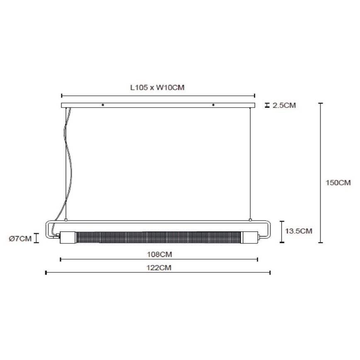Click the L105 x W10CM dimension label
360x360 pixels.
pos(157,88)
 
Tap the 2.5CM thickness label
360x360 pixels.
pos(284,105)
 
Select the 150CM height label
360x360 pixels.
pos(338,182)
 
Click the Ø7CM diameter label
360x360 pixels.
pos(20,238)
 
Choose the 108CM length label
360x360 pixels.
pos(159,254)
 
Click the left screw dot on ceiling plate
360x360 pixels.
pos(103,105)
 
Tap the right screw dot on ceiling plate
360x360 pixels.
pos(213,105)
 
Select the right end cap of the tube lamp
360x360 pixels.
pos(250,238)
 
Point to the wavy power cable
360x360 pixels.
pos(68,158)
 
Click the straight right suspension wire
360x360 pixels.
pos(250,166)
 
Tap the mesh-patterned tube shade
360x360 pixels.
pos(159,238)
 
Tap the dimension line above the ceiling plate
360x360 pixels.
pos(158,95)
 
